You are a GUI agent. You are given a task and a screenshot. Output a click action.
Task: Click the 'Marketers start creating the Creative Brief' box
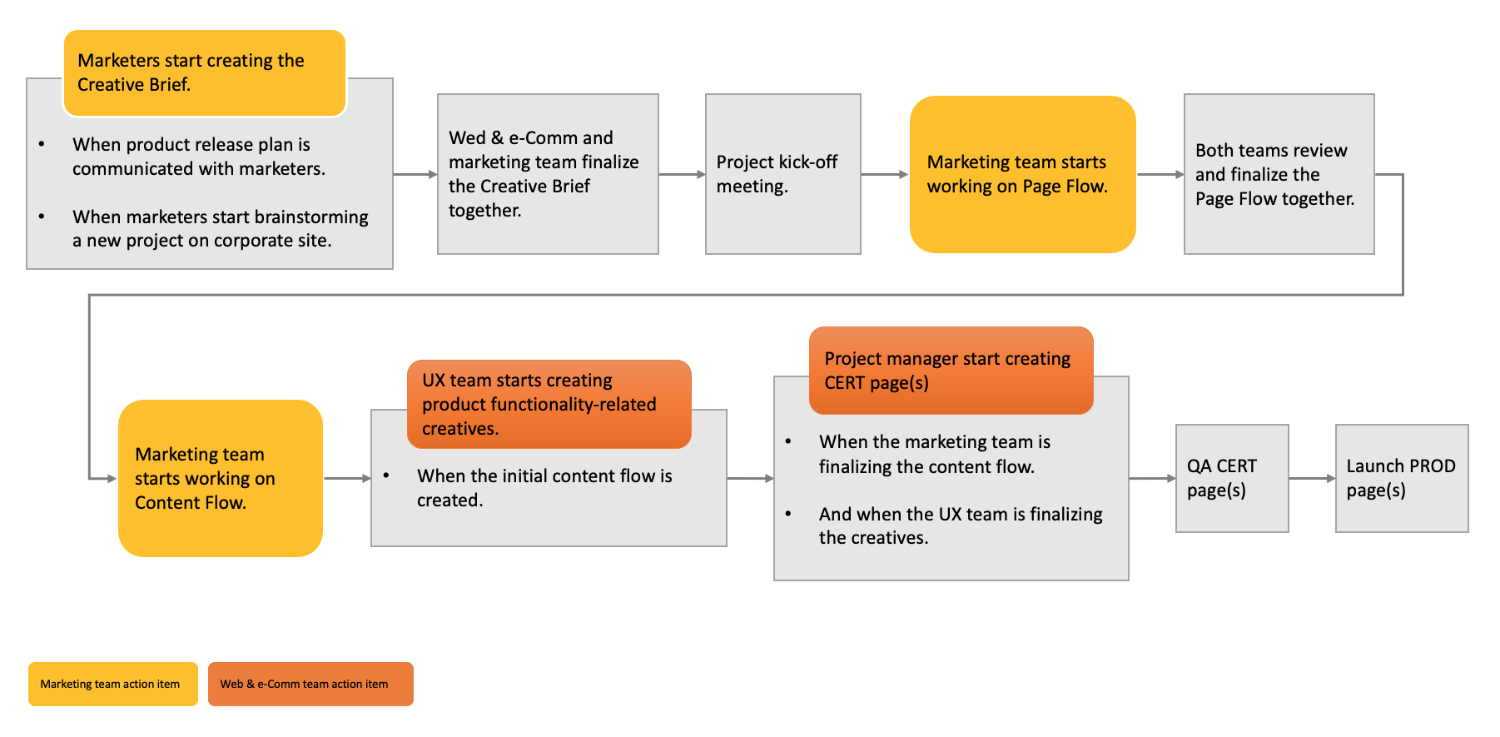205,73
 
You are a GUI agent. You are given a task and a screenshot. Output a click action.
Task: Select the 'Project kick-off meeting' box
783,174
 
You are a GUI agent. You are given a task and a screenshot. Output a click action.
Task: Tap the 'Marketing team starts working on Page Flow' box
1023,174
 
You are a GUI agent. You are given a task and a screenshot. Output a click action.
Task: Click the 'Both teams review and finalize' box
1279,174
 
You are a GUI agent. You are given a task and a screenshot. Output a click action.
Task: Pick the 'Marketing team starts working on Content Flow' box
221,478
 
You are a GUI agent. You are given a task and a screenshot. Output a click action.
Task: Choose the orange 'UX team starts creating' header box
549,404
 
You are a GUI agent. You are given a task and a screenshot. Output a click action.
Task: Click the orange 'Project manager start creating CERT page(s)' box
951,371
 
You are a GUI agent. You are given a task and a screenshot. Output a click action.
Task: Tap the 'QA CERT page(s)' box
1232,478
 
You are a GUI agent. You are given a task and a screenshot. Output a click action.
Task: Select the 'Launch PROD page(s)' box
1402,478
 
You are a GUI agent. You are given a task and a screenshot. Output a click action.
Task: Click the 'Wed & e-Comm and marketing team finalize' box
548,174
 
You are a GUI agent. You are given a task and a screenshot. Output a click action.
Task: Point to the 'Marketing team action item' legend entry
113,684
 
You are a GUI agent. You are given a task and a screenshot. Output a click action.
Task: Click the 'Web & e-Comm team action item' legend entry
310,684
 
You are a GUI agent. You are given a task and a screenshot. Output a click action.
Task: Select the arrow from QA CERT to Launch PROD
1312,478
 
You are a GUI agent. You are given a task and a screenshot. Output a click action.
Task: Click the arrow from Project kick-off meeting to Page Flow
885,174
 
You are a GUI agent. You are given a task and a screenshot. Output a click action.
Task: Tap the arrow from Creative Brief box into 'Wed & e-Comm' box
415,174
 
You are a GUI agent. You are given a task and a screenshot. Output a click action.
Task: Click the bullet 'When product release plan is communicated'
199,157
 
